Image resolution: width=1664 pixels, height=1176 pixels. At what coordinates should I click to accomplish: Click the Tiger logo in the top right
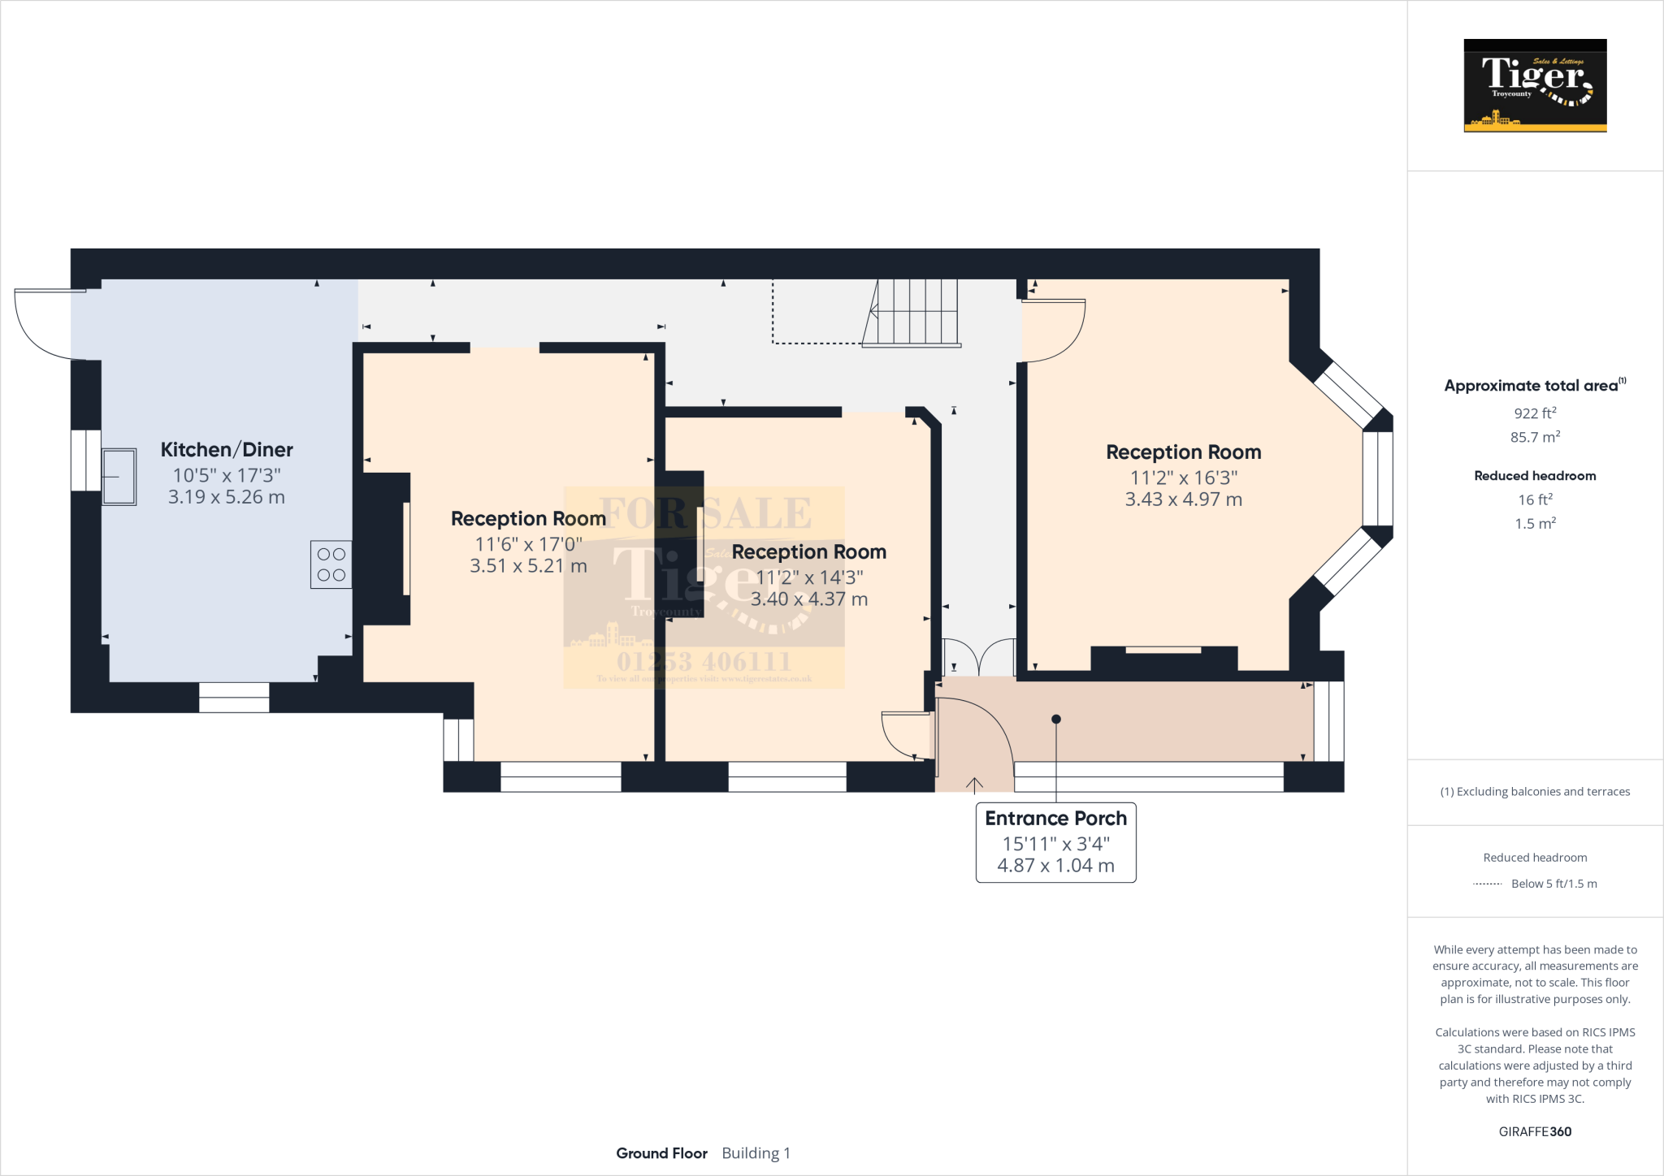tap(1535, 85)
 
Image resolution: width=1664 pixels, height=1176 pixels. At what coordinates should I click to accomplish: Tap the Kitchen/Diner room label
tap(227, 450)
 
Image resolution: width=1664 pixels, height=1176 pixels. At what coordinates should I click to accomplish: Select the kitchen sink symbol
tap(119, 477)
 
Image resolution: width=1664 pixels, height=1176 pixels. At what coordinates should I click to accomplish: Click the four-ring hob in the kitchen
tap(331, 564)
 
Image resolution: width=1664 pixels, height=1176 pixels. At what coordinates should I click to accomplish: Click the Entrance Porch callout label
tap(1055, 819)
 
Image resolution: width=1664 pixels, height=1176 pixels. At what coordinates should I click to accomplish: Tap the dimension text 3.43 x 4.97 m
tap(1183, 499)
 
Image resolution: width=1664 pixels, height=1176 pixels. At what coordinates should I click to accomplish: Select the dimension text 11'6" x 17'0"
tap(528, 544)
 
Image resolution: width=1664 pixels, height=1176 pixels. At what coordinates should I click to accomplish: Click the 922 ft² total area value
tap(1535, 413)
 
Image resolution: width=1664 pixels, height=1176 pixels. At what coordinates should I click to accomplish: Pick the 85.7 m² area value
tap(1535, 437)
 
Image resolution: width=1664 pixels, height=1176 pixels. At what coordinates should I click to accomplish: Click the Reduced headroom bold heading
tap(1535, 476)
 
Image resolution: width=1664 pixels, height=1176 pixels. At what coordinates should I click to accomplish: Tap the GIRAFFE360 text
tap(1535, 1131)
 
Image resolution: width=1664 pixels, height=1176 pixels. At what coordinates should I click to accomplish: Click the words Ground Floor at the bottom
tap(661, 1153)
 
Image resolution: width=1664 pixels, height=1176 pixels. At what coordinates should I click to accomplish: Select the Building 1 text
tap(756, 1153)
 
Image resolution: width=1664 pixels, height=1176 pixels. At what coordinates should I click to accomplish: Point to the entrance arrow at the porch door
tap(974, 784)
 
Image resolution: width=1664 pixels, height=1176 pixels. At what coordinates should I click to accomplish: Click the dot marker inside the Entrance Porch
tap(1056, 719)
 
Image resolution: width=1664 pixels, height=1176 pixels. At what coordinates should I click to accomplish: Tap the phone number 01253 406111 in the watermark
tap(704, 661)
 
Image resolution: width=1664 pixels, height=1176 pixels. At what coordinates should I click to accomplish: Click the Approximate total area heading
tap(1532, 386)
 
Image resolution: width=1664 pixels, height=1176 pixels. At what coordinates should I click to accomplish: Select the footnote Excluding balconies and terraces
tap(1535, 792)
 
